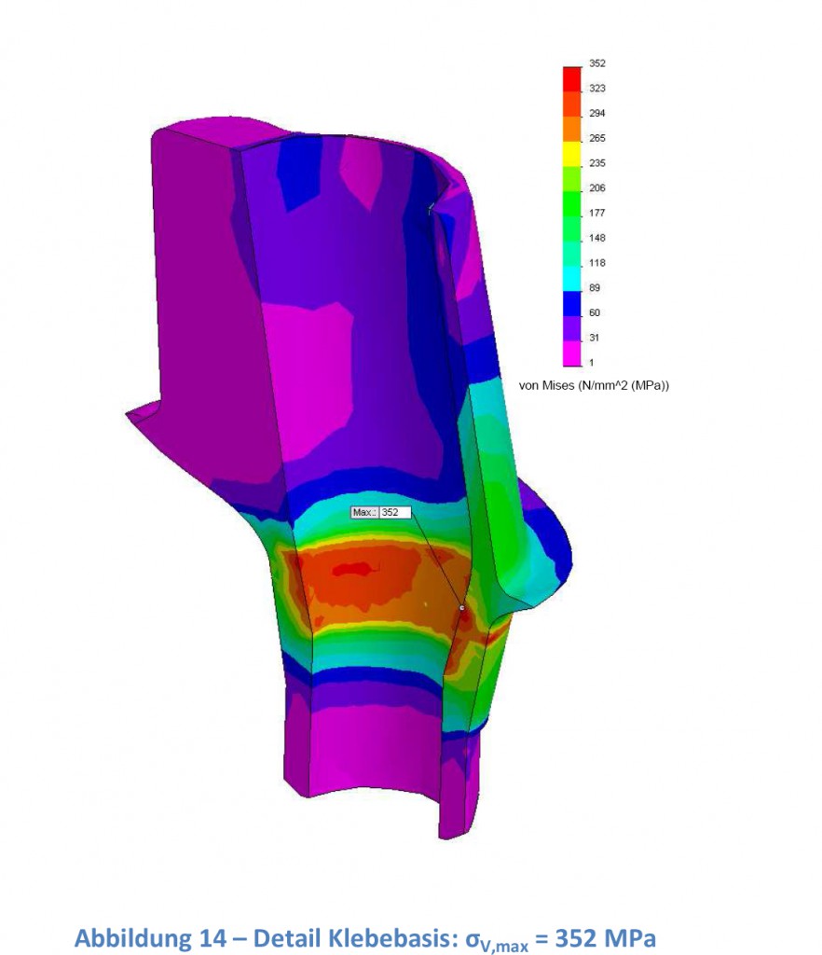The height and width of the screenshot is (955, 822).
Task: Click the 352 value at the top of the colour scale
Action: [x=596, y=63]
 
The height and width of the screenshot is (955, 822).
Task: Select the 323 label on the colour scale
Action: [x=596, y=89]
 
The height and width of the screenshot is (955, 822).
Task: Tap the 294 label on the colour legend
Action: [x=596, y=113]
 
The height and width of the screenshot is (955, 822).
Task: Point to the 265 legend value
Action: [x=596, y=138]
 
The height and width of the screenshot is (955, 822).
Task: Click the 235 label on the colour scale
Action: [x=596, y=163]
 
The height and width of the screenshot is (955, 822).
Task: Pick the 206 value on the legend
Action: [x=596, y=188]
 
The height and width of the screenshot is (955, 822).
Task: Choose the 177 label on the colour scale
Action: [x=596, y=214]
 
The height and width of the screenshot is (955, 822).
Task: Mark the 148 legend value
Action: [x=596, y=238]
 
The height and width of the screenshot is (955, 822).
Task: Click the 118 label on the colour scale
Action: [x=596, y=263]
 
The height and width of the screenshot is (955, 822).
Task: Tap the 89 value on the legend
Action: [x=595, y=288]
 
